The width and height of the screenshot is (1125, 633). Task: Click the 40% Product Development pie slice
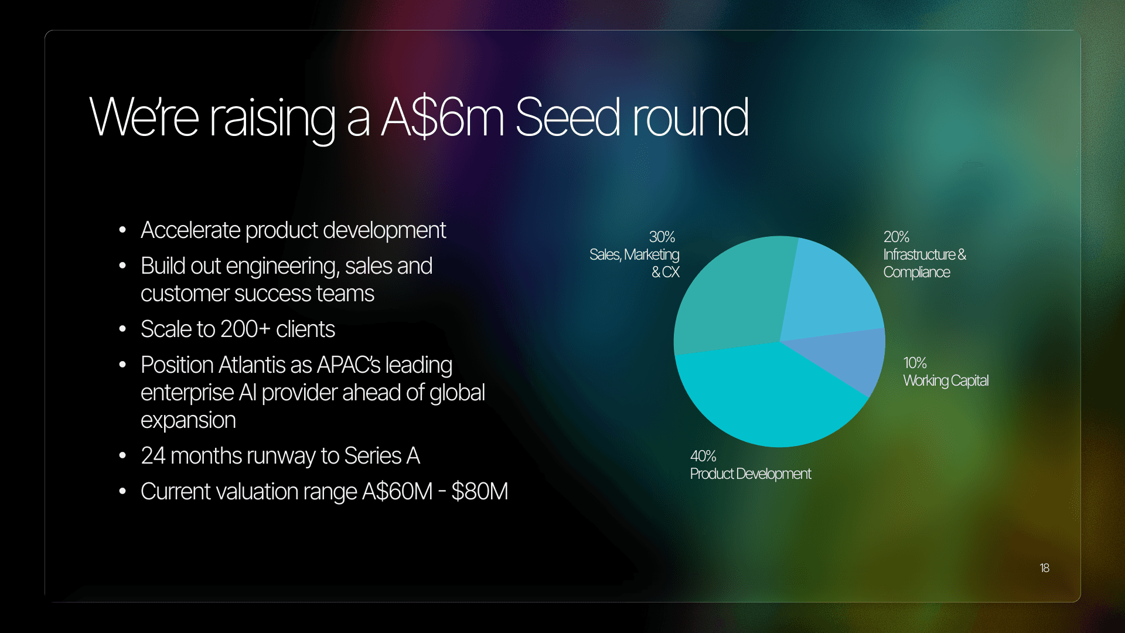(x=768, y=399)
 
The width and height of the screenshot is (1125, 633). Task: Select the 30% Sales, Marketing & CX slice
(x=732, y=293)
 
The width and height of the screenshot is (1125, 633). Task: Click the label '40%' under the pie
(x=703, y=456)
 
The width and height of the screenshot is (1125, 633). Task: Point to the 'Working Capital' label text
(x=946, y=381)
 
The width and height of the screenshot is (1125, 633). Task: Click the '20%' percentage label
(x=896, y=237)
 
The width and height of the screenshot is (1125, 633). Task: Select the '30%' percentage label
(x=662, y=237)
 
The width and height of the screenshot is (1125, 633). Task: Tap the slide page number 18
(x=1044, y=568)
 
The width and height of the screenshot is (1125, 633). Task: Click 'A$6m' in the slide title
(x=442, y=117)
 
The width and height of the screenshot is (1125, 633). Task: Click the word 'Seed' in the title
(x=567, y=117)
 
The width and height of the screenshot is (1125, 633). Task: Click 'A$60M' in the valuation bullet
(x=397, y=492)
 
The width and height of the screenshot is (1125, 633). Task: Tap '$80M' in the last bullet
(x=479, y=492)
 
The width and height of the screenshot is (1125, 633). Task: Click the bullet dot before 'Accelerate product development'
(x=122, y=230)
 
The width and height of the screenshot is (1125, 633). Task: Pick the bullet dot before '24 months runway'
(x=122, y=456)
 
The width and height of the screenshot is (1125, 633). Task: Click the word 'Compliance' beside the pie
(x=916, y=273)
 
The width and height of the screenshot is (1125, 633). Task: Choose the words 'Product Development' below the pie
(x=751, y=474)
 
